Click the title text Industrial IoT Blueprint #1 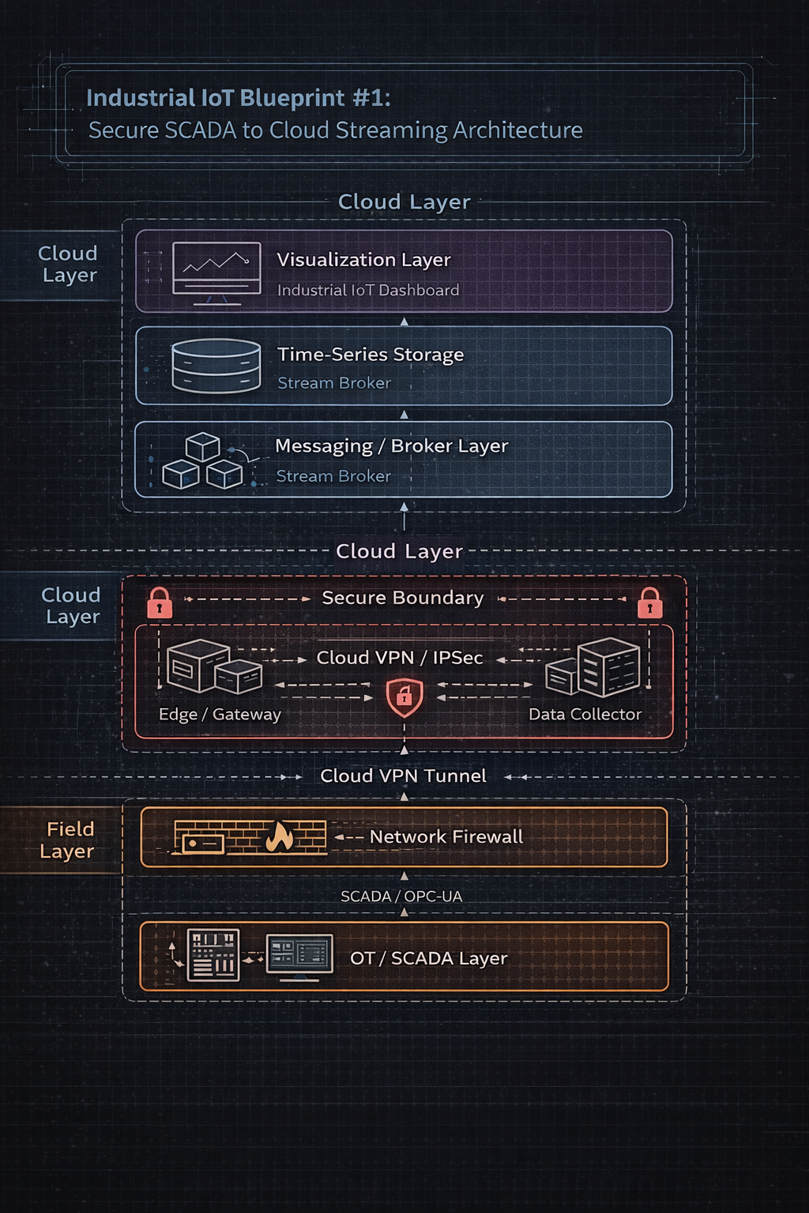coord(238,98)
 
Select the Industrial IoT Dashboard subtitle coord(367,291)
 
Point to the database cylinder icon coord(216,366)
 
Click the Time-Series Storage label coord(370,355)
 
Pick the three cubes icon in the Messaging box coord(203,462)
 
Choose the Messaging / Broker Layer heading coord(391,446)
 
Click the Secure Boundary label coord(402,598)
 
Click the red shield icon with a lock coord(404,697)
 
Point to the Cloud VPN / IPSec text coord(399,658)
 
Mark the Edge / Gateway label coord(220,714)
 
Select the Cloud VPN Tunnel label coord(403,776)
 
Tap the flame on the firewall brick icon coord(278,836)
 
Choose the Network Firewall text coord(446,837)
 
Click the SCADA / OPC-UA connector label coord(401,896)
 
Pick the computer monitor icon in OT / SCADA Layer coord(299,956)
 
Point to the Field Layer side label coord(69,840)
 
